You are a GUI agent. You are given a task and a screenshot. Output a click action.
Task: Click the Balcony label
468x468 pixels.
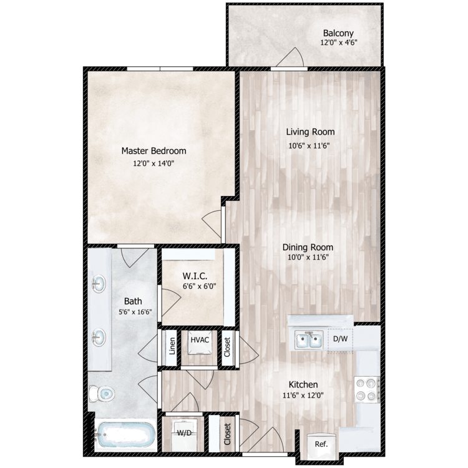[x=338, y=33]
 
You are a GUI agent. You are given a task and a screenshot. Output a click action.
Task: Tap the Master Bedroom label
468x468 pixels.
[x=154, y=150]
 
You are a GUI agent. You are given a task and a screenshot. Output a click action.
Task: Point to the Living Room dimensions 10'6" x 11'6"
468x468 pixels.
[x=310, y=145]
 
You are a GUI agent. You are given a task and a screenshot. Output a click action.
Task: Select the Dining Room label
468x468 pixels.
[x=310, y=246]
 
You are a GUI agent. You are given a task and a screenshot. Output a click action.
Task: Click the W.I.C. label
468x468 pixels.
[x=190, y=275]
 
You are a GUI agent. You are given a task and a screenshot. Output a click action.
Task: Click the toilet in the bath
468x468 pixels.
[x=102, y=394]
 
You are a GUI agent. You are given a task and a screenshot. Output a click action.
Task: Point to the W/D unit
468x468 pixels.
[x=184, y=432]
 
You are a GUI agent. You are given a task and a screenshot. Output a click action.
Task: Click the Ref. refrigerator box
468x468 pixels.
[x=321, y=445]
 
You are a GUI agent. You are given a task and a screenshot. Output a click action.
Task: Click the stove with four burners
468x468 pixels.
[x=366, y=389]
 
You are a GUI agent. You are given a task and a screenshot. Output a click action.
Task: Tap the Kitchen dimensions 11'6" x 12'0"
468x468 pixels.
[x=303, y=395]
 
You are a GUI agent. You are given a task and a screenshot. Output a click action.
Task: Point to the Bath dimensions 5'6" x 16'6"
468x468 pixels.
[x=133, y=313]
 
